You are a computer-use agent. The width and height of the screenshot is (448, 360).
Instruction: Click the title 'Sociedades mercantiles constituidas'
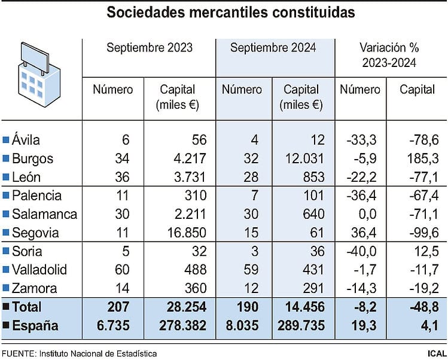pyautogui.click(x=230, y=12)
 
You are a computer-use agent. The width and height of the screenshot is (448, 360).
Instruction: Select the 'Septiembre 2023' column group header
pyautogui.click(x=150, y=48)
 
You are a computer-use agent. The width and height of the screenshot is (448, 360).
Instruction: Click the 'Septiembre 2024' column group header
pyautogui.click(x=273, y=48)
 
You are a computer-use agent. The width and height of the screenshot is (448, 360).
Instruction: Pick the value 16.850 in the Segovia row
pyautogui.click(x=185, y=233)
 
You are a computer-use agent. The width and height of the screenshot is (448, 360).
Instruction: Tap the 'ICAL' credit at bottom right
pyautogui.click(x=435, y=353)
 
